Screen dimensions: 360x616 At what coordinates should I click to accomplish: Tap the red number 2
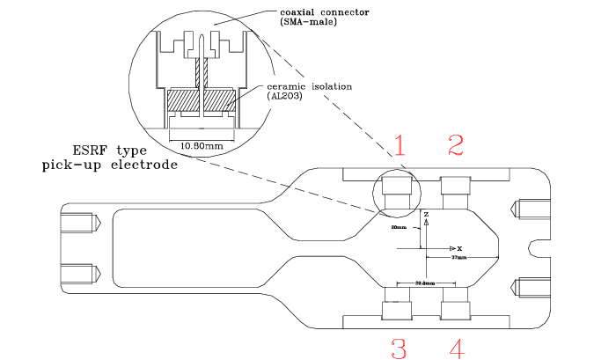point(456,146)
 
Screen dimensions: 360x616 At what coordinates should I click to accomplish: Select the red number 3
point(399,349)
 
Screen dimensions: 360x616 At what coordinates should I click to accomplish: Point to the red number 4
point(456,349)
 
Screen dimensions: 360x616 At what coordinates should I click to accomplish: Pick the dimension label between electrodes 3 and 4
point(426,283)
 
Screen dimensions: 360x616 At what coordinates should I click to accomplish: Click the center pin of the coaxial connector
point(202,44)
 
